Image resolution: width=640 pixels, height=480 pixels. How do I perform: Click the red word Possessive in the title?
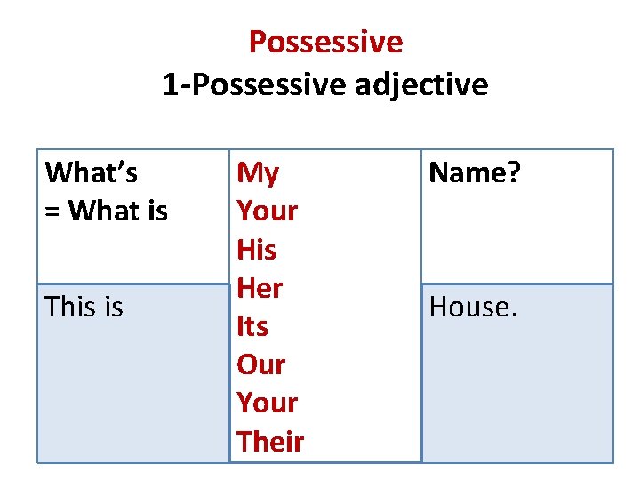pyautogui.click(x=325, y=41)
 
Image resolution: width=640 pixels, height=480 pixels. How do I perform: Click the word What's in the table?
pyautogui.click(x=92, y=171)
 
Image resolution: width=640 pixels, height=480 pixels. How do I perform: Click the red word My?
pyautogui.click(x=258, y=172)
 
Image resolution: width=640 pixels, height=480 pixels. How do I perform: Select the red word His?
pyautogui.click(x=256, y=250)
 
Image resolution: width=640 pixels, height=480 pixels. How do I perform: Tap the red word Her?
pyautogui.click(x=260, y=288)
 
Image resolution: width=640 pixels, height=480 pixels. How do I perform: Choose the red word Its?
pyautogui.click(x=252, y=326)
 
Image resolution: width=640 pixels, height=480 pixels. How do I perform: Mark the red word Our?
pyautogui.click(x=260, y=364)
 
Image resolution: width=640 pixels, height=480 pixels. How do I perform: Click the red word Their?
pyautogui.click(x=270, y=441)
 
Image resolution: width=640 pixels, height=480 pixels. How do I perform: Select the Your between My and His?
pyautogui.click(x=267, y=211)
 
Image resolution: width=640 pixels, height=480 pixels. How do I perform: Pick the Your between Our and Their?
pyautogui.click(x=267, y=403)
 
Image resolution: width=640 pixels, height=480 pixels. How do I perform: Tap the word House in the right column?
pyautogui.click(x=468, y=307)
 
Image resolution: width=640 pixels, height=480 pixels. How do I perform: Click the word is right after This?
pyautogui.click(x=112, y=307)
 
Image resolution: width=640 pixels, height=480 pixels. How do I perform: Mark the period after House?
pyautogui.click(x=513, y=315)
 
